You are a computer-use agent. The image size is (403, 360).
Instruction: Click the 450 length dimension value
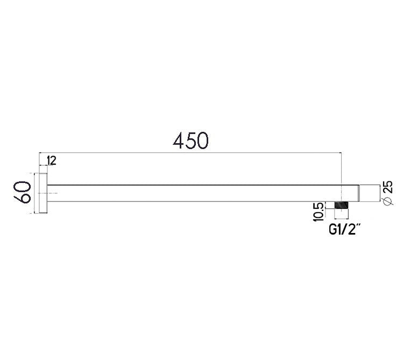click(190, 140)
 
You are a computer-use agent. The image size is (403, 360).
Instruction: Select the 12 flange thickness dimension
click(52, 160)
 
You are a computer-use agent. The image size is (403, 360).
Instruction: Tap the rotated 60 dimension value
click(22, 193)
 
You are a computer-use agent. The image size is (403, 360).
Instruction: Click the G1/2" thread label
click(344, 230)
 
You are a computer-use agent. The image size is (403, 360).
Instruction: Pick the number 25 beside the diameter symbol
click(387, 188)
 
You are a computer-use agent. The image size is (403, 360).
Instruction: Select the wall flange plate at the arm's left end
click(44, 193)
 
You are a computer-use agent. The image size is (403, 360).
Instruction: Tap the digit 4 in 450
click(179, 140)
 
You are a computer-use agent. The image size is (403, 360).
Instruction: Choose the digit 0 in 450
click(202, 140)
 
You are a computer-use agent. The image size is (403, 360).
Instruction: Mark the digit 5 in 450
click(190, 140)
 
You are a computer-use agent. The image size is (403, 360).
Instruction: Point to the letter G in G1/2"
click(333, 230)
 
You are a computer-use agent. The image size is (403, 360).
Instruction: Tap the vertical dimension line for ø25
click(379, 193)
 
